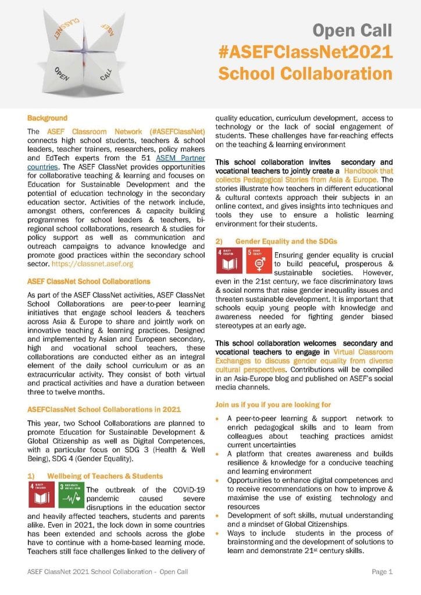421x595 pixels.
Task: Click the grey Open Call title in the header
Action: pos(353,30)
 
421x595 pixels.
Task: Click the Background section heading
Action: pos(47,118)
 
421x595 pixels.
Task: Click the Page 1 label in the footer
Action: pos(382,572)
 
